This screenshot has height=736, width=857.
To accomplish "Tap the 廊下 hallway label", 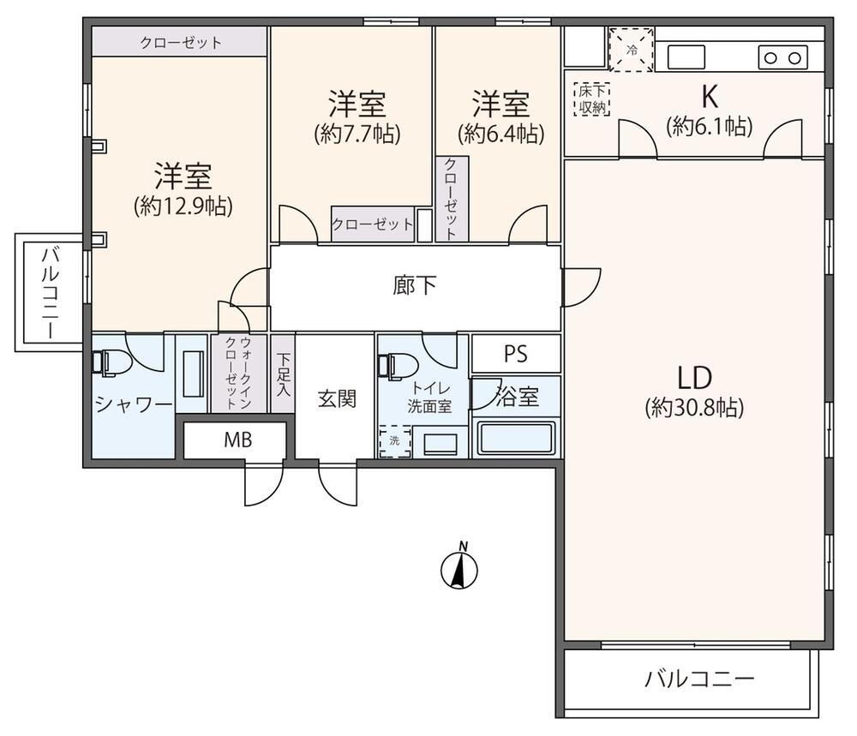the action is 414,285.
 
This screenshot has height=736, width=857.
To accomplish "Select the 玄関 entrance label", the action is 337,399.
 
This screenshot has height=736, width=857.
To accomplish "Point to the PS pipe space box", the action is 516,354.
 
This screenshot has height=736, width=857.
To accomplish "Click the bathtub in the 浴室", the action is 517,438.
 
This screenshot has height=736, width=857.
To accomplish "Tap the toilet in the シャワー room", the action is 111,362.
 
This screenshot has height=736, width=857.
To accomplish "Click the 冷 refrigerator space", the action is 632,50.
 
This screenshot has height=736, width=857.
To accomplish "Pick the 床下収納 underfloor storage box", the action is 592,99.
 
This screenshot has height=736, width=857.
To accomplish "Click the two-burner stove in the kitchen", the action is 782,57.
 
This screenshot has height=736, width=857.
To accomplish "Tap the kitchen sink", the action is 686,57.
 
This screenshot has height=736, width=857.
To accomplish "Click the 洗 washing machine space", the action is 395,441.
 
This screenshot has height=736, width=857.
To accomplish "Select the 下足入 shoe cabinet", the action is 283,374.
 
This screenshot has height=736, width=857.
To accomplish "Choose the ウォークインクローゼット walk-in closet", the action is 238,374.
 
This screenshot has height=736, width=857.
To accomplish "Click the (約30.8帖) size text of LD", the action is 694,408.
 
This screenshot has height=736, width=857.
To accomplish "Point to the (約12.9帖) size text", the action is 183,206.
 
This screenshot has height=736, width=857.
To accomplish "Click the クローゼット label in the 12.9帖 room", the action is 181,43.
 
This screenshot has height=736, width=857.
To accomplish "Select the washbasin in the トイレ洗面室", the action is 440,443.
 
